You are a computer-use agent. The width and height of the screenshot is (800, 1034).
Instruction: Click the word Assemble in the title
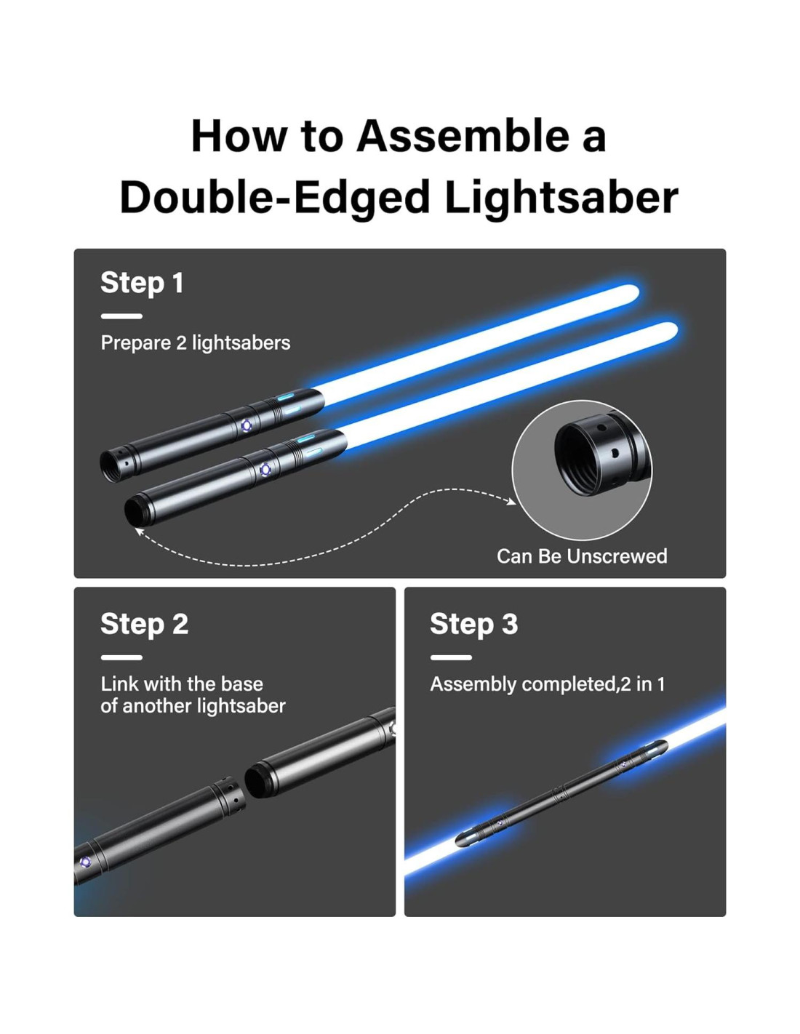463,136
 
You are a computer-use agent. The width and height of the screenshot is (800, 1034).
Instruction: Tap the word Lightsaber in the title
561,198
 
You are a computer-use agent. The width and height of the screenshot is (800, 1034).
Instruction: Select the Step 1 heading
142,283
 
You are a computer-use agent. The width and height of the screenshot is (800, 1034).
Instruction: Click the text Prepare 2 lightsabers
196,343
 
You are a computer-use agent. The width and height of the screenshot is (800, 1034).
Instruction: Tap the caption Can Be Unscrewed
582,556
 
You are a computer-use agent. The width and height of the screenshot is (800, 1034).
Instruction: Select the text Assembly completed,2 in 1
548,684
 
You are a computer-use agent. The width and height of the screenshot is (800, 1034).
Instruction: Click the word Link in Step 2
119,684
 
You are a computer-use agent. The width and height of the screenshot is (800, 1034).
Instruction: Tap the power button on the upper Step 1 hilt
246,425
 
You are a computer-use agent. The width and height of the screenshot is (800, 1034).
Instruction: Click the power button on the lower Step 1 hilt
265,470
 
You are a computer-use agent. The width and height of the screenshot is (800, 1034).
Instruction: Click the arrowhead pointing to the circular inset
511,501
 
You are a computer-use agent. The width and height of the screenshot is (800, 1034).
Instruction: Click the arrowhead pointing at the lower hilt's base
138,531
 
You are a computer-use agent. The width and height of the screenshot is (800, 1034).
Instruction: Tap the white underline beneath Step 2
121,657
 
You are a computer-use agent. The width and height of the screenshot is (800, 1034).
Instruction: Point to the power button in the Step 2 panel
84,862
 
